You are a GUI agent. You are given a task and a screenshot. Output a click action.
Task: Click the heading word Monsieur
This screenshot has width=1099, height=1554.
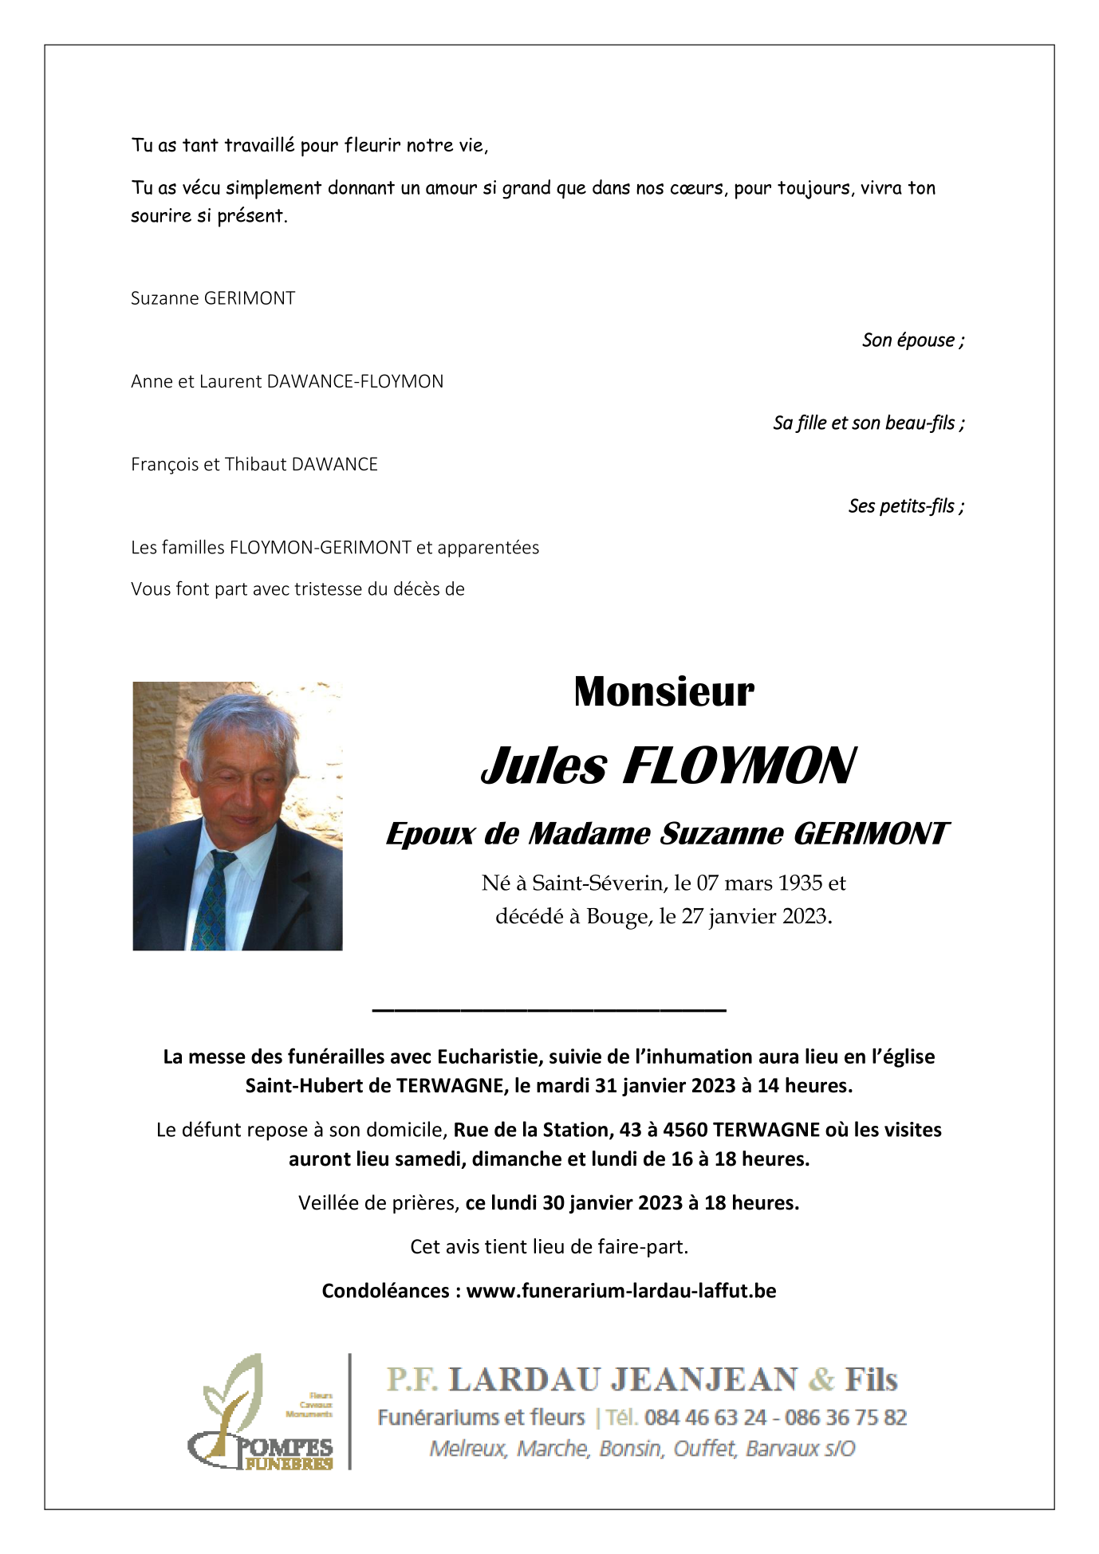[664, 692]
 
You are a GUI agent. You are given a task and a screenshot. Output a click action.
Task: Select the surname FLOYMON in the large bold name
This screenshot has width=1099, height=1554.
[739, 766]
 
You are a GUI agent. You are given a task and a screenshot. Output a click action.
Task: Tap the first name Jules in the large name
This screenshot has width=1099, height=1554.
[545, 766]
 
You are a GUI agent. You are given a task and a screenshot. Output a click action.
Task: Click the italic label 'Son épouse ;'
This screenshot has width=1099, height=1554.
[912, 340]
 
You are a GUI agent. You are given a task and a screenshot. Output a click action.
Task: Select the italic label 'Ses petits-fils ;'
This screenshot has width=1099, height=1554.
[906, 506]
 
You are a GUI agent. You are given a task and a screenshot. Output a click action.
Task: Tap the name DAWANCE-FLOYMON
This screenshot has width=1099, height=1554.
[355, 382]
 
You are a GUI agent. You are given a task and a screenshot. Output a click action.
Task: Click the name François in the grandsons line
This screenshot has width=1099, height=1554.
[163, 465]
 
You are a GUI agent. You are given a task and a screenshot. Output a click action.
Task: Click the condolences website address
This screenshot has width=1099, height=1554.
[621, 1291]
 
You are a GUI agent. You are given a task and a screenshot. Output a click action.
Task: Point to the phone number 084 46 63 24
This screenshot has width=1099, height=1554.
[705, 1418]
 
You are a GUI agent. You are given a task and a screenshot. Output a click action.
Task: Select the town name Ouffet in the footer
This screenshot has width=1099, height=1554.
[703, 1449]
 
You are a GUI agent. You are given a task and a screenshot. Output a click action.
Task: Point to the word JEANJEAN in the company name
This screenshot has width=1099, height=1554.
[704, 1380]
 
